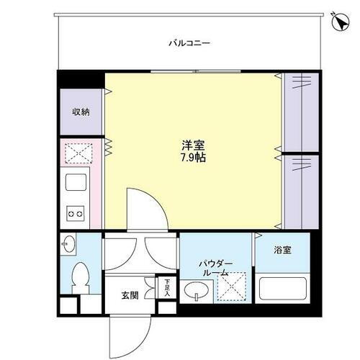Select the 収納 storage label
pos(80,112)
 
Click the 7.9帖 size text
pos(192,158)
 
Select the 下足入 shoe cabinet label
pos(166,287)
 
